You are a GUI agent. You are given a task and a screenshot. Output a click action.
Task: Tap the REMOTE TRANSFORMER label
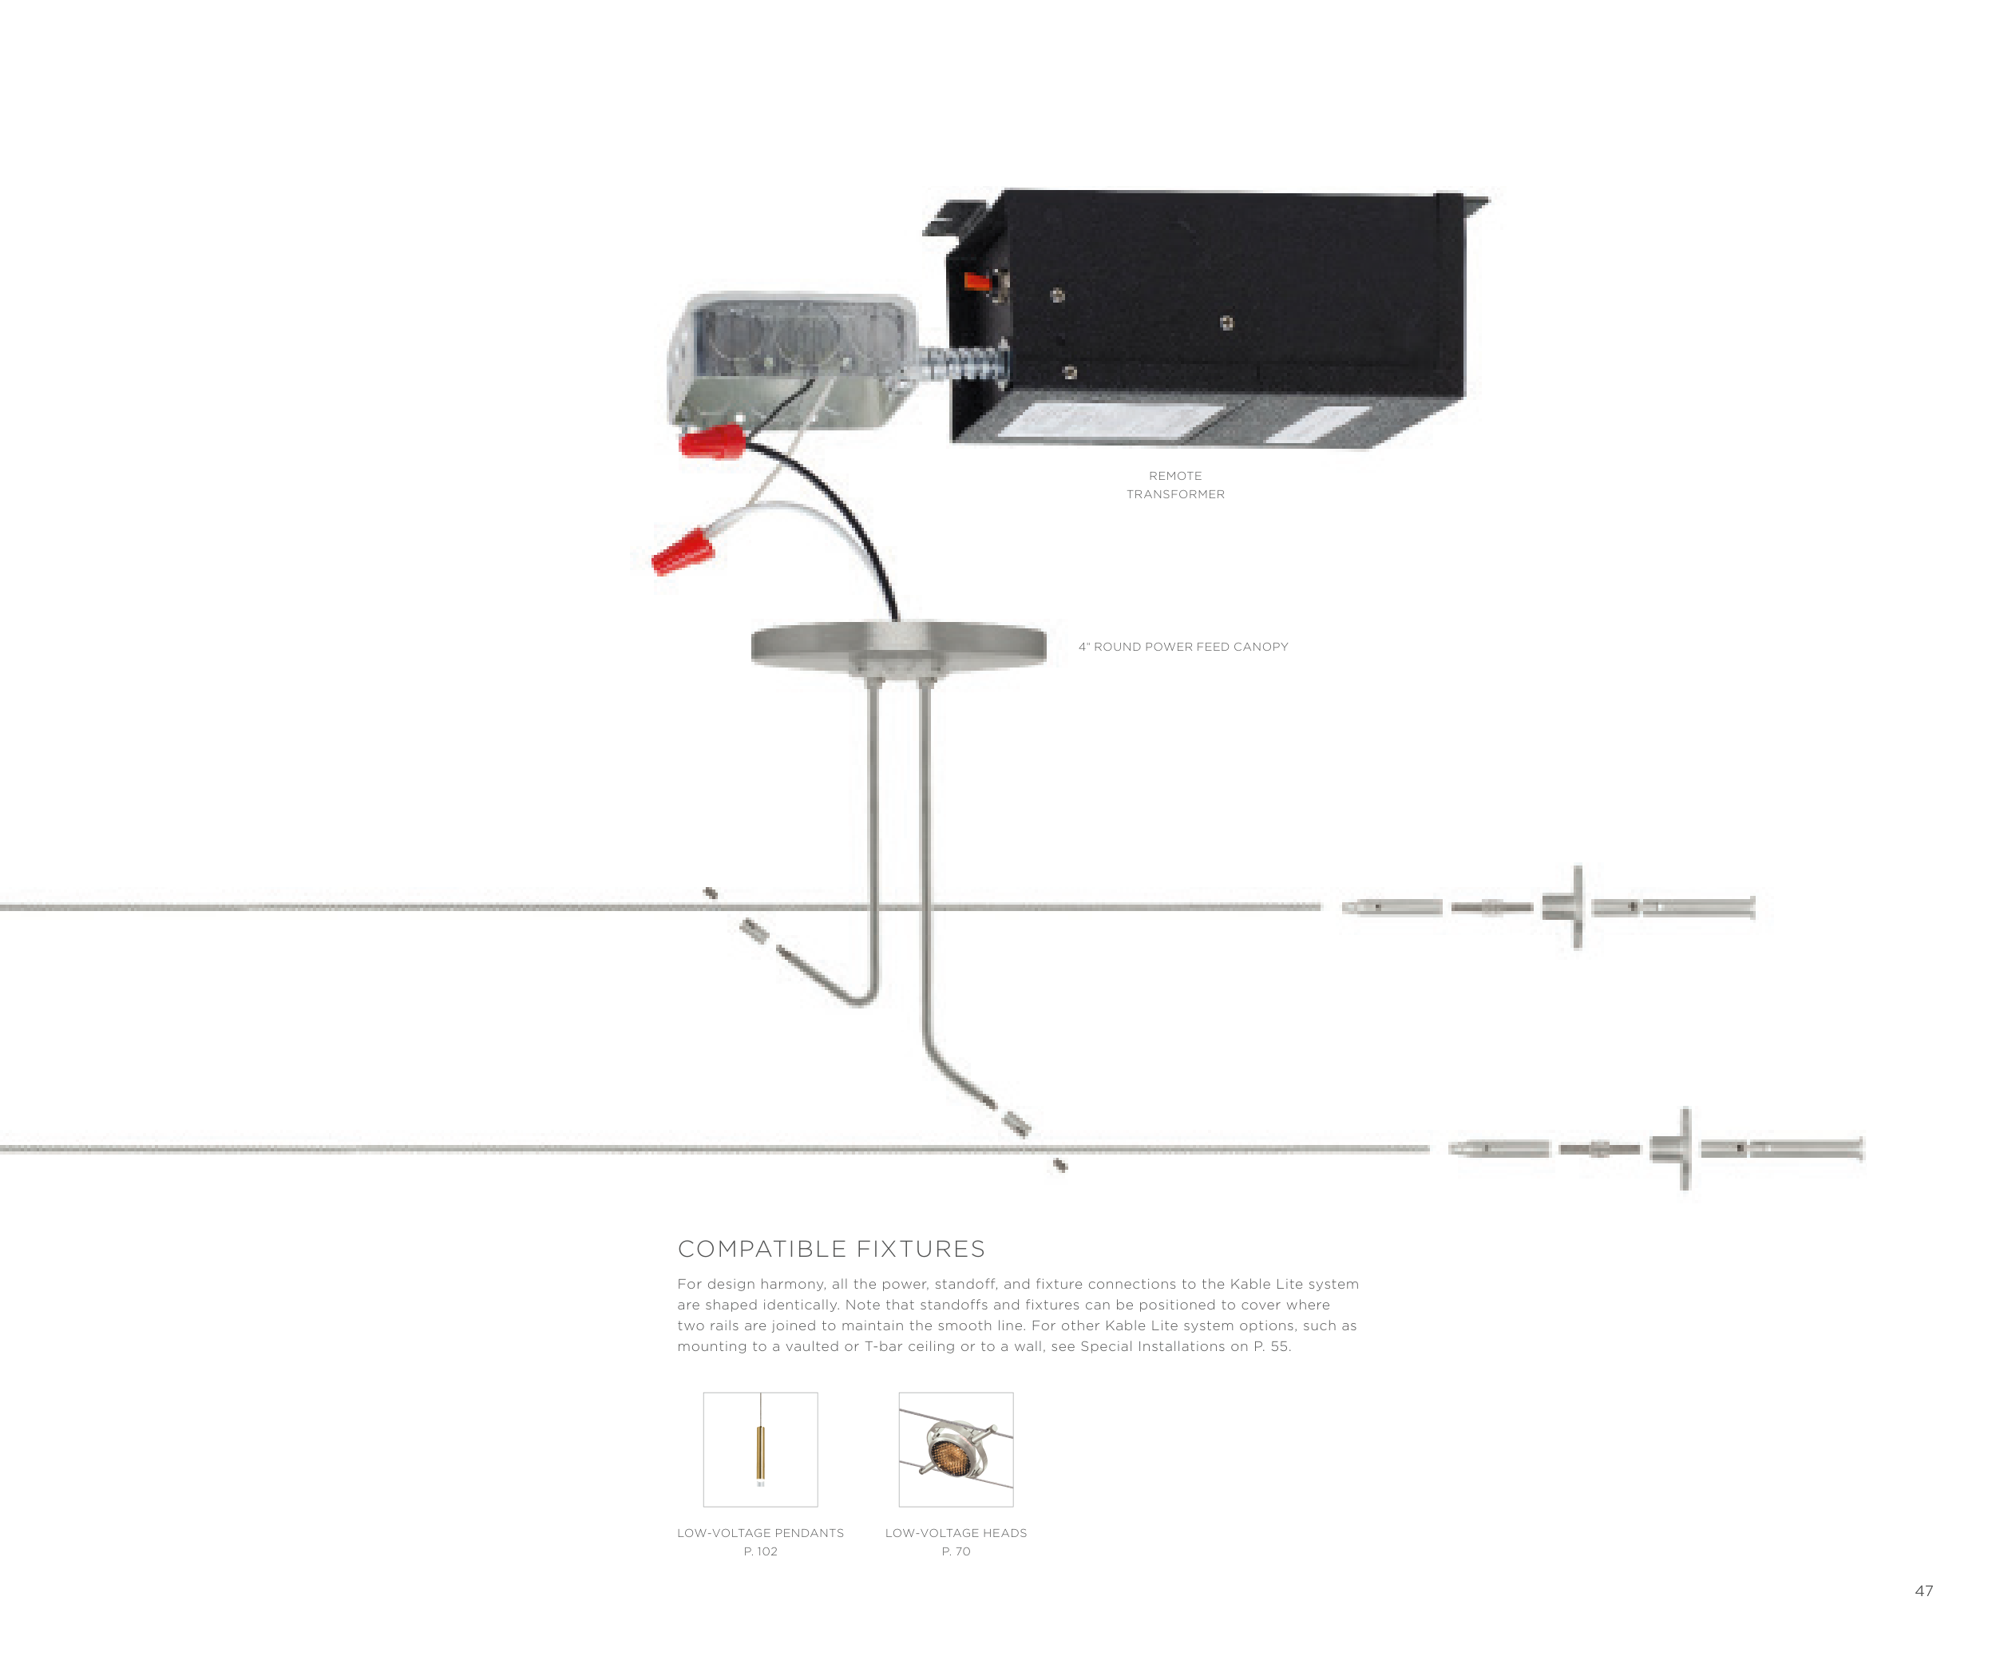[1176, 485]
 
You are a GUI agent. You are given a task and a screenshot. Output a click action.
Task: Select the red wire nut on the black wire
[712, 441]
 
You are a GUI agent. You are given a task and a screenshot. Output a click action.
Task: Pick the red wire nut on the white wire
[683, 552]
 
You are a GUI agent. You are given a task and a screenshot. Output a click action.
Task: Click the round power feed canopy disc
[898, 646]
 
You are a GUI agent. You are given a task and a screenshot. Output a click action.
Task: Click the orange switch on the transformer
[977, 280]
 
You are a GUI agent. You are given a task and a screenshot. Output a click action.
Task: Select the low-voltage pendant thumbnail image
[760, 1449]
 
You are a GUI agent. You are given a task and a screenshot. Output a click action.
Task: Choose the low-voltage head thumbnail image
[956, 1449]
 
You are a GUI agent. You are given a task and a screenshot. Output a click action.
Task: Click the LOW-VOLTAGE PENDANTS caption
[760, 1533]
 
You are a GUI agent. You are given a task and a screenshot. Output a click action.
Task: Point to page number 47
[1924, 1591]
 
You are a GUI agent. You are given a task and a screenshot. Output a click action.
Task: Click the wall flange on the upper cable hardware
[1577, 906]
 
